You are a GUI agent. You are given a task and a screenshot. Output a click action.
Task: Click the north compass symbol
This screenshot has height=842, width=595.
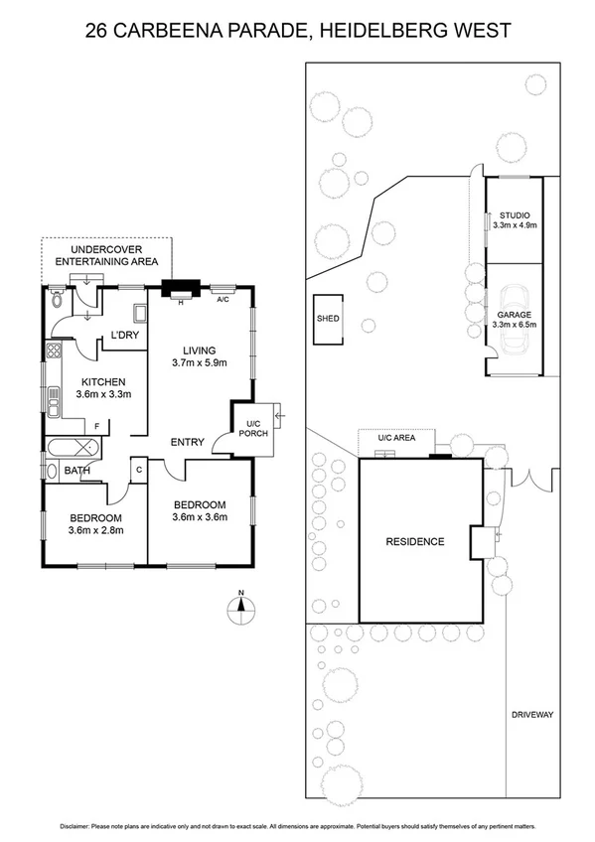coord(240,609)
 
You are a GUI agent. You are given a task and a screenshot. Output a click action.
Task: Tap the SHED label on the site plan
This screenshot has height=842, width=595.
coord(328,319)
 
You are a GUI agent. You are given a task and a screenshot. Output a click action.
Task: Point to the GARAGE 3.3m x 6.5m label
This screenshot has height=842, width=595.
coord(515,319)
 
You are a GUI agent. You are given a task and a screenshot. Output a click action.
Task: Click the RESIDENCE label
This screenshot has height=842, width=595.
coord(415,541)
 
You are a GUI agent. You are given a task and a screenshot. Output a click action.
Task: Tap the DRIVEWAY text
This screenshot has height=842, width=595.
coord(531,715)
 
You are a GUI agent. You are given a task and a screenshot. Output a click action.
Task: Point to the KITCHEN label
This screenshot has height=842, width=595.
coord(101,382)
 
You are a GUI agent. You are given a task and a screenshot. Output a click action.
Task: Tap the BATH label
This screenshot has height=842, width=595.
coord(78,471)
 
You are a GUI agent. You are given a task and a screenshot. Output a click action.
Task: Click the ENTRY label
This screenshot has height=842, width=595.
coord(188,443)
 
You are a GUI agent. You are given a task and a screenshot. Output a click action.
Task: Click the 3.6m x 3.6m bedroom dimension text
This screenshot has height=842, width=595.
coord(200,516)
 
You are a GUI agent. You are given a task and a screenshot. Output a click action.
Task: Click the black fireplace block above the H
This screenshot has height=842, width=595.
coord(180,289)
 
